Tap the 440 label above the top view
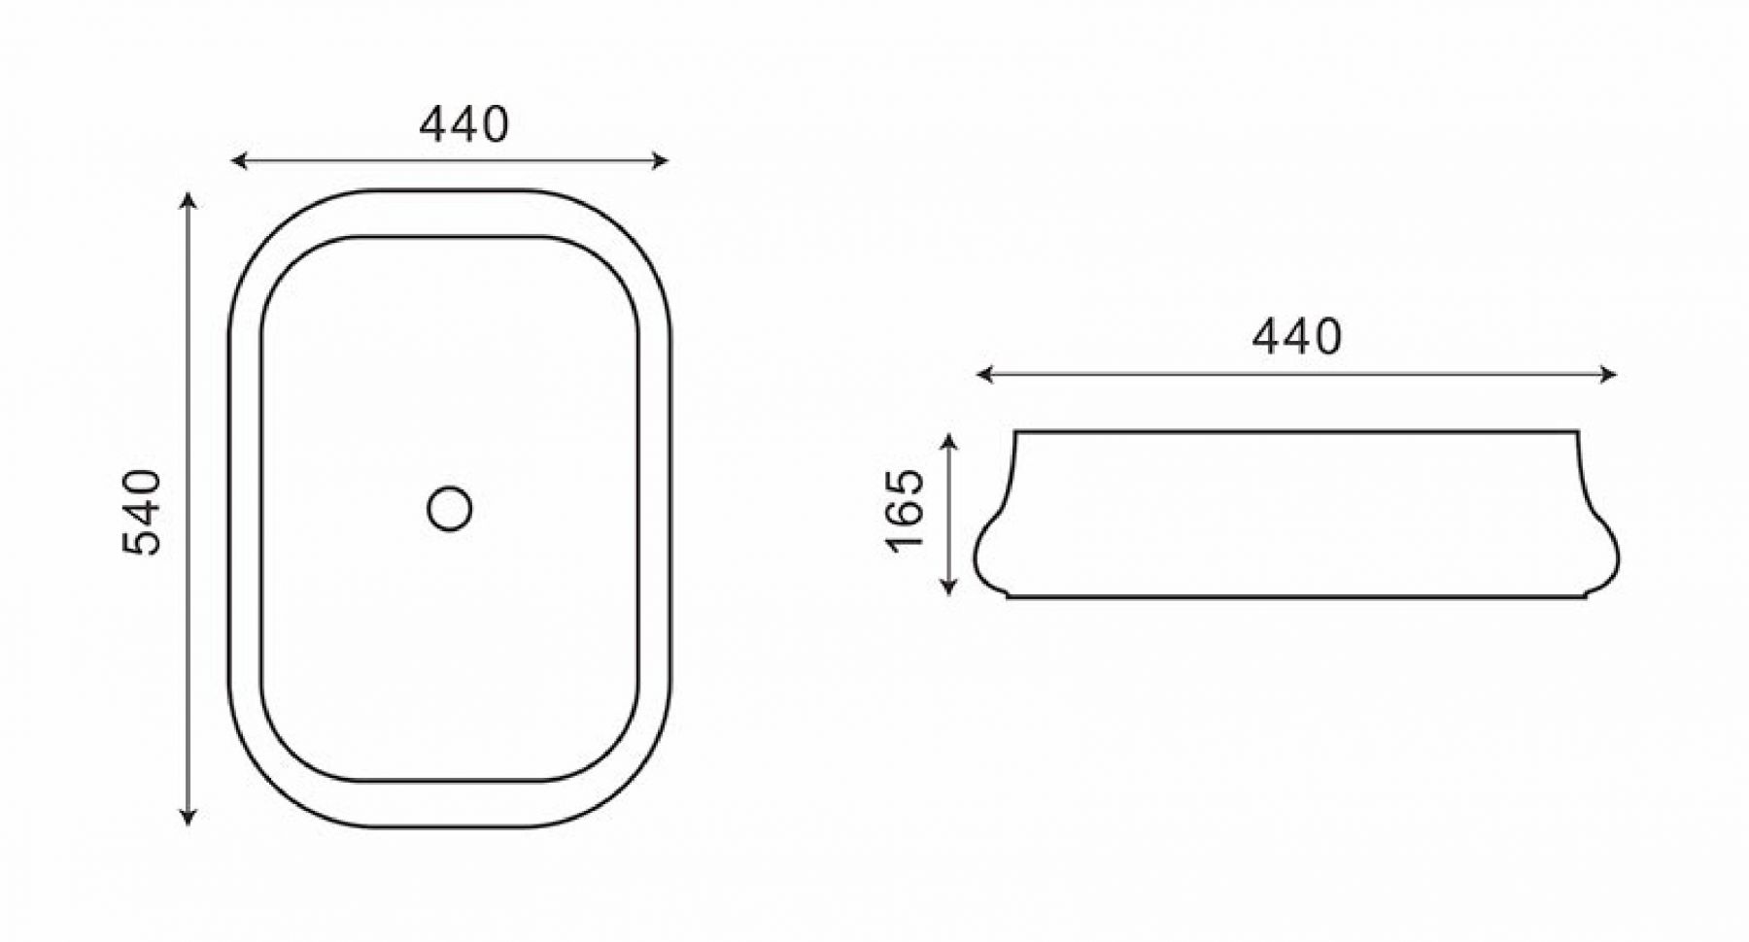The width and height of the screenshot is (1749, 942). coord(463,124)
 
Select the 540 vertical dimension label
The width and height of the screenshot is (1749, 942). coord(142,512)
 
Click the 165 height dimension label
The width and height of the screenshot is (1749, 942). coord(906,509)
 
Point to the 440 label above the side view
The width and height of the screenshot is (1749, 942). coord(1296,336)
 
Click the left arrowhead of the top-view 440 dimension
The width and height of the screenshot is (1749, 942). coord(239,161)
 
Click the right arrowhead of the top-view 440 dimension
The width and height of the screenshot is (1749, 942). coord(660,161)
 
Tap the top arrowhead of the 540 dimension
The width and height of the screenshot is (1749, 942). coord(189,201)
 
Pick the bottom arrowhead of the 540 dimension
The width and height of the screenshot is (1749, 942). coord(189,817)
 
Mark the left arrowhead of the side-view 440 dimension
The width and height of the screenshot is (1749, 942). coord(986,374)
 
